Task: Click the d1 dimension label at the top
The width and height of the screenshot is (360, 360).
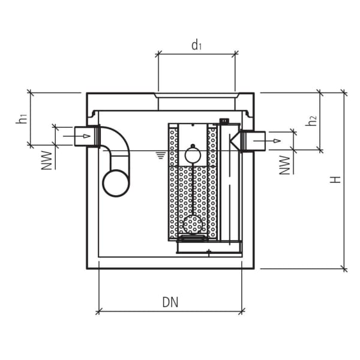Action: coord(196,45)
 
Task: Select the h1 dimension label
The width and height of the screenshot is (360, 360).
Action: coord(22,119)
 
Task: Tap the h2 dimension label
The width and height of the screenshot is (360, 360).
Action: coord(311,121)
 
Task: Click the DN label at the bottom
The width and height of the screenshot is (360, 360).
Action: coord(170,302)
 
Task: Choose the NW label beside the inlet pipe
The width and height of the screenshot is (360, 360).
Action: coord(46,160)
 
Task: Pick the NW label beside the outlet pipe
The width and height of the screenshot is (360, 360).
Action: coord(285,164)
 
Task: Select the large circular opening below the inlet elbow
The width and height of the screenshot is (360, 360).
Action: coord(116,183)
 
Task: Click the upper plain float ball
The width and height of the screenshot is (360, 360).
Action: coord(193,155)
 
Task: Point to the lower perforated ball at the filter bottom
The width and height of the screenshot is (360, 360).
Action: coord(193,224)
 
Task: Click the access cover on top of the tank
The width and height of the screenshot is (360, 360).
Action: coord(196,95)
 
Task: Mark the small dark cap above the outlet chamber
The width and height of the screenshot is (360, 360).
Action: coord(224,122)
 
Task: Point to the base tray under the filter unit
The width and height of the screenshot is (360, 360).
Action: coord(208,247)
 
